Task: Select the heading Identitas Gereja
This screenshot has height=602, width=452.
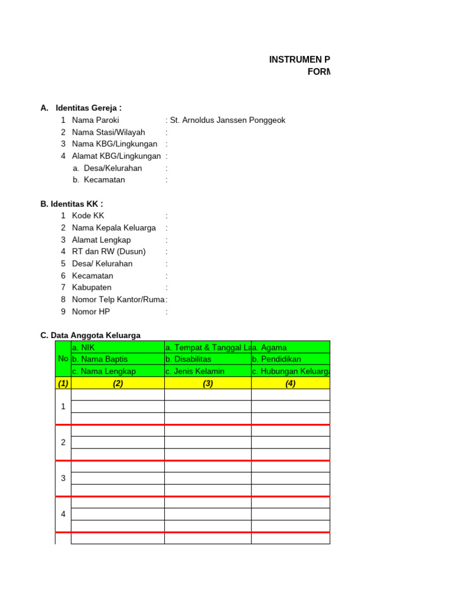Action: [x=88, y=108]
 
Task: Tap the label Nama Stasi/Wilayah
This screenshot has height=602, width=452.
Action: [x=108, y=132]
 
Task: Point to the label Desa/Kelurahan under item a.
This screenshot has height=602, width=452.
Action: [x=113, y=168]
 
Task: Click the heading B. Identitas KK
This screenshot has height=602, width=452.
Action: [x=72, y=204]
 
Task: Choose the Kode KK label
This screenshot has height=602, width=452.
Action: [x=88, y=216]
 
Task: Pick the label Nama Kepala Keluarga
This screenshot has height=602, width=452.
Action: [x=114, y=228]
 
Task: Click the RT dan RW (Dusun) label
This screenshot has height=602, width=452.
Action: [x=108, y=252]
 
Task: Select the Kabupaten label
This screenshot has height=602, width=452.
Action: [x=92, y=287]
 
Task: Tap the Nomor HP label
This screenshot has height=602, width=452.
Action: [x=91, y=312]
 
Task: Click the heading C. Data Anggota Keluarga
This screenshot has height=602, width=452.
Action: [x=91, y=336]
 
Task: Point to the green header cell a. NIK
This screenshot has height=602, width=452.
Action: [x=83, y=347]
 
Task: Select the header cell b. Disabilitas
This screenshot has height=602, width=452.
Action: [x=188, y=359]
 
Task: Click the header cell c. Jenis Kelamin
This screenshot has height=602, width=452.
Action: [x=192, y=371]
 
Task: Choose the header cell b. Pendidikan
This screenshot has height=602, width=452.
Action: [x=277, y=359]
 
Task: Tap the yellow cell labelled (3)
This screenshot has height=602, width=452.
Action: [x=208, y=383]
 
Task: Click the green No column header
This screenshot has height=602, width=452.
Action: [x=63, y=359]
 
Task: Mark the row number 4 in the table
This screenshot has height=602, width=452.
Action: [x=63, y=514]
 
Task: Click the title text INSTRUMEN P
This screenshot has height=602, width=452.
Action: [x=300, y=60]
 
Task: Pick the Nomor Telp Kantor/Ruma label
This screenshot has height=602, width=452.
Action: [x=118, y=300]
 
